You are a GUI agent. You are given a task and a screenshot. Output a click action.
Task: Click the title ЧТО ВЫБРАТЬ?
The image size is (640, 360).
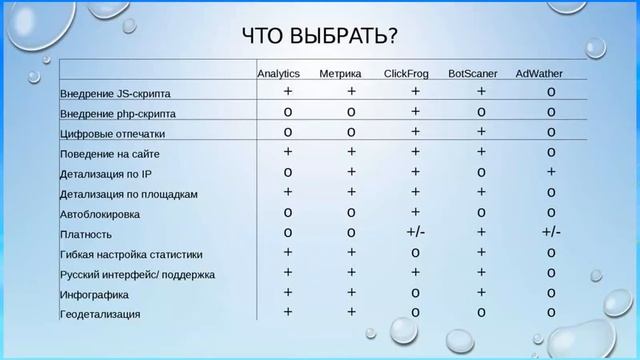click(320, 37)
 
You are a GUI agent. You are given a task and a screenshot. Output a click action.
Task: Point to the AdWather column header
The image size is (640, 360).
click(541, 74)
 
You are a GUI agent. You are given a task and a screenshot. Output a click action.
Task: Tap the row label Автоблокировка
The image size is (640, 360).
click(100, 214)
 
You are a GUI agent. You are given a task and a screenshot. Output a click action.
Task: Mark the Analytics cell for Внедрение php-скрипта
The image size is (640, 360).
click(288, 112)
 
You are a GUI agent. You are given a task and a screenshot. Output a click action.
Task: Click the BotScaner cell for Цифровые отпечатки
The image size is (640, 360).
click(481, 132)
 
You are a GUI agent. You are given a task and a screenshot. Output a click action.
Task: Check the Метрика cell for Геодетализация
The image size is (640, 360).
click(352, 312)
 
